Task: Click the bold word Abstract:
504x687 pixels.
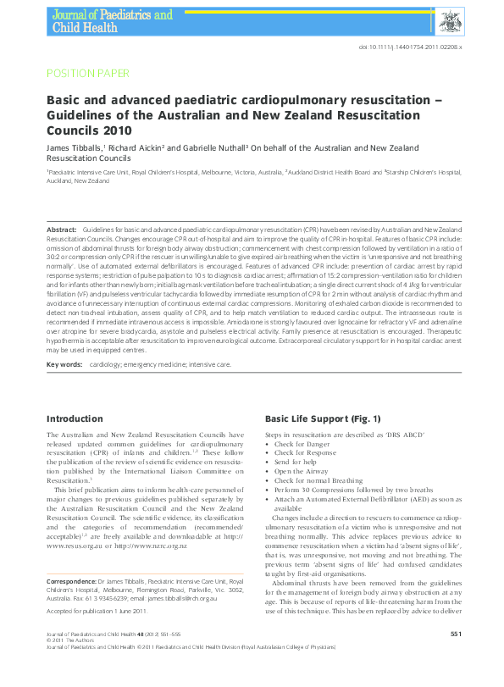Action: [61, 230]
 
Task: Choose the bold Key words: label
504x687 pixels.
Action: [64, 364]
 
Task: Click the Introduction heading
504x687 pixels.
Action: [75, 418]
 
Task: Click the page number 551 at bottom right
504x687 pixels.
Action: [455, 657]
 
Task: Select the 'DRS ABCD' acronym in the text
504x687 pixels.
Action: [407, 435]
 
